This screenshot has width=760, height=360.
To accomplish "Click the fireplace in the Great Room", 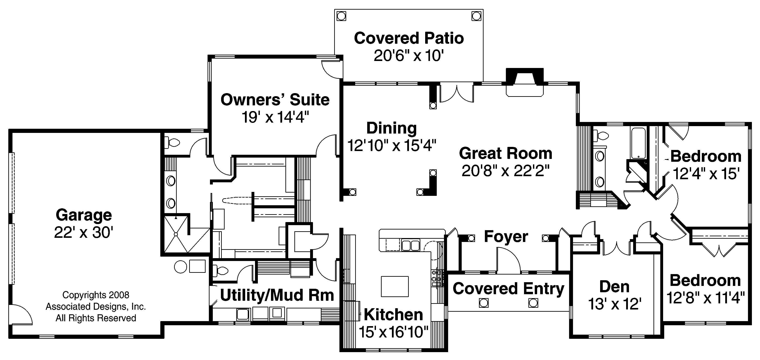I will [525, 83].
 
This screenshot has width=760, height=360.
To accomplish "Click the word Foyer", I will [506, 237].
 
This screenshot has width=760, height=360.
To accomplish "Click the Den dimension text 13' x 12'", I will [615, 304].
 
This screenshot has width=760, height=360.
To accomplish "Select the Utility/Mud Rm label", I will [277, 295].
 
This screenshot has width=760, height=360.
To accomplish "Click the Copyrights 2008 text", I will [96, 295].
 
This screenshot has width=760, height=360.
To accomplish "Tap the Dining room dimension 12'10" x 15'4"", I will [391, 145].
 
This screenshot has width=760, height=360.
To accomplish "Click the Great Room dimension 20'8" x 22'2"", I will [505, 170].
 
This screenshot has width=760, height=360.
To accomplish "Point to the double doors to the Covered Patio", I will [456, 94].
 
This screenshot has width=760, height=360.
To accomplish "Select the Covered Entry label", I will [508, 289].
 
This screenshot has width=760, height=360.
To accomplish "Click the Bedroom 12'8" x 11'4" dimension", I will [705, 298].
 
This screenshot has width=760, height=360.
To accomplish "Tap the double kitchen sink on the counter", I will [411, 245].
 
